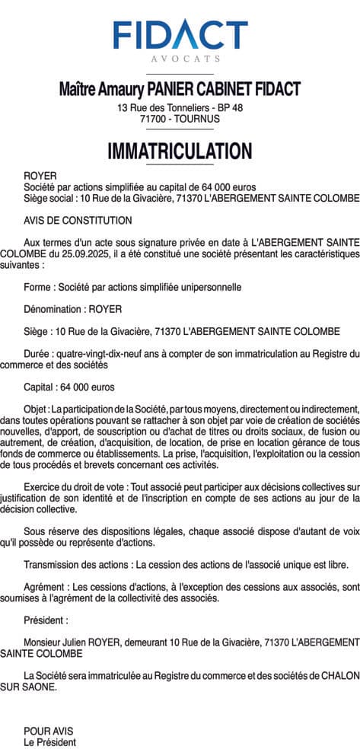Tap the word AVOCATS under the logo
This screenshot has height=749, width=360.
pos(180,59)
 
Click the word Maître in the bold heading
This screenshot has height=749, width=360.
pos(79,89)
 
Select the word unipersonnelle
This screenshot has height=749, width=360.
pos(208,287)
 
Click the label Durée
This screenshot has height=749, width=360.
pos(38,353)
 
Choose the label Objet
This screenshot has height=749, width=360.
pos(37,409)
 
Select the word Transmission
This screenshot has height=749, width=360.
pos(52,565)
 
